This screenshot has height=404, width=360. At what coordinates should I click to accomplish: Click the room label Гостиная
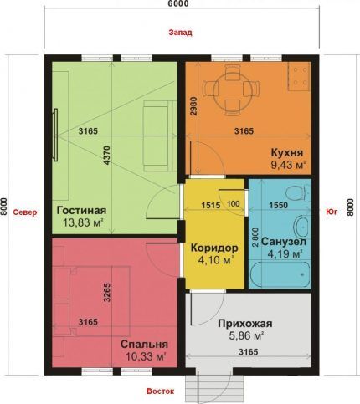point(81,210)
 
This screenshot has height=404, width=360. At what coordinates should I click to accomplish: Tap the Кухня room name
point(287,153)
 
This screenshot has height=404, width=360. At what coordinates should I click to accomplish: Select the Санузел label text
point(284,242)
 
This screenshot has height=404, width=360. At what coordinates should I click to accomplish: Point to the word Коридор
point(214,248)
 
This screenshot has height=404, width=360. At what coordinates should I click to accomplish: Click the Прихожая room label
point(245,324)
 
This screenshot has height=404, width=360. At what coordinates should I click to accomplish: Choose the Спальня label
point(144,344)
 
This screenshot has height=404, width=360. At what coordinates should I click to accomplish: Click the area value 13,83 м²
point(83,222)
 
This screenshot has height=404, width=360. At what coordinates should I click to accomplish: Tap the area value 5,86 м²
point(246,336)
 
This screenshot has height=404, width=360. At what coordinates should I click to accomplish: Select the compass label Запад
point(180,33)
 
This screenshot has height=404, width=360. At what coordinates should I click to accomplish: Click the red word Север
point(25,212)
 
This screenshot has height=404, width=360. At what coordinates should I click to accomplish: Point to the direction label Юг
point(332,212)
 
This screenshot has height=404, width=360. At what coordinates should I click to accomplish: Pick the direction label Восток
point(161,391)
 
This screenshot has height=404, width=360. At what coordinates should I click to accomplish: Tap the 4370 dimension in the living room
point(108,156)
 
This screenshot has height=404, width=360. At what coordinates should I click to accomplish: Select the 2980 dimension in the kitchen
point(194,106)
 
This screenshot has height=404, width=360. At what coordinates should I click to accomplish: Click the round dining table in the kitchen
point(232,89)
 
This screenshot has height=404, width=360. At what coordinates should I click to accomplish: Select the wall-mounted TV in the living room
point(55,135)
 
